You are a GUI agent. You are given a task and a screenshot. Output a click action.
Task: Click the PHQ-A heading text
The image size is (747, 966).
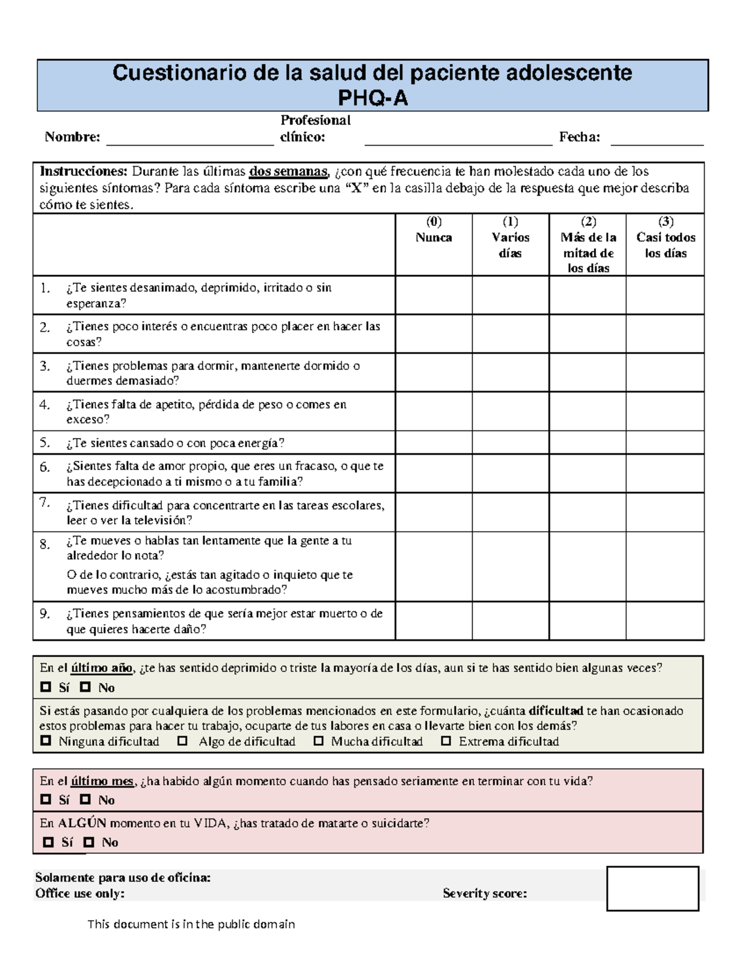tap(372, 98)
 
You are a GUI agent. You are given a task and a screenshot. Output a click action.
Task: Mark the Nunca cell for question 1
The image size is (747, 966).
tap(434, 295)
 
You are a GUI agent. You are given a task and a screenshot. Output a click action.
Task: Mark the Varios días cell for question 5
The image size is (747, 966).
tap(510, 443)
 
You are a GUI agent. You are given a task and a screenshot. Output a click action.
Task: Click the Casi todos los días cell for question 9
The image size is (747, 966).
tap(665, 621)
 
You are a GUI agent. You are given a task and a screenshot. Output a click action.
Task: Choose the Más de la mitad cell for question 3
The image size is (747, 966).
tap(588, 373)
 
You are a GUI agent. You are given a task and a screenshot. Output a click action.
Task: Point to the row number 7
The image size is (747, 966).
tap(44, 503)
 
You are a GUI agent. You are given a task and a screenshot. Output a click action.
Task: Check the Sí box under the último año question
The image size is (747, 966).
tap(45, 687)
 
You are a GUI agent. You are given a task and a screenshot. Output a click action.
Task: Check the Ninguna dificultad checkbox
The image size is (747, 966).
tap(45, 741)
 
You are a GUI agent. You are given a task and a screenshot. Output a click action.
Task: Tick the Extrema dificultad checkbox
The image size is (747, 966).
tap(446, 741)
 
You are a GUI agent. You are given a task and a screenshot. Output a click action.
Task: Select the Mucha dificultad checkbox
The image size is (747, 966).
tap(319, 741)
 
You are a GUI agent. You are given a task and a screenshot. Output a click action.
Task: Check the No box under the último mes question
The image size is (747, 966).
tap(85, 799)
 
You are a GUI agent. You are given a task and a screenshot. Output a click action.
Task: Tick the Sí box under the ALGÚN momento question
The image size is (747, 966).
tap(49, 842)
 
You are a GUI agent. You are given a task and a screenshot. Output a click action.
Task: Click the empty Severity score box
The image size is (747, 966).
tap(652, 888)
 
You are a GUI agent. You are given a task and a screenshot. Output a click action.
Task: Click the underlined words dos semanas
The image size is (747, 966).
tap(288, 172)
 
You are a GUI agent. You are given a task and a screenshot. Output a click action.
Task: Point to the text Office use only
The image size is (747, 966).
tap(80, 894)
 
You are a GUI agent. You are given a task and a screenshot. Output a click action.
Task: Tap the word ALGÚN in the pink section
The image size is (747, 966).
tap(82, 823)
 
